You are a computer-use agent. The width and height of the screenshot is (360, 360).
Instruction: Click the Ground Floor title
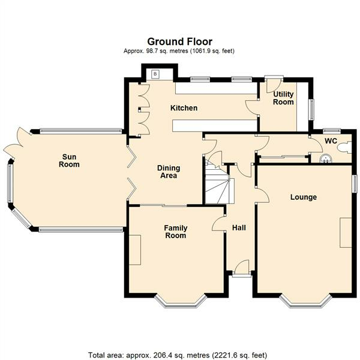(180, 42)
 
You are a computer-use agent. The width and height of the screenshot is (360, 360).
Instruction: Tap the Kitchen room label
(184, 108)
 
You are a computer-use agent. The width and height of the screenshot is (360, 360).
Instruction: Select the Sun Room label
(69, 160)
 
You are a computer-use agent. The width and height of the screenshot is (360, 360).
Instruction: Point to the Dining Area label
(169, 172)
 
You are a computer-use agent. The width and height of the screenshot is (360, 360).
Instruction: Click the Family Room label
(176, 232)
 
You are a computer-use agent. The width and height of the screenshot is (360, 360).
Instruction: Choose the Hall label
(239, 228)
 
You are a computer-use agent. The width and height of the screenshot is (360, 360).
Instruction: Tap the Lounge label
(304, 197)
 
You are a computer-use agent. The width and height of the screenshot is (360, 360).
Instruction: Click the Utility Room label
(283, 98)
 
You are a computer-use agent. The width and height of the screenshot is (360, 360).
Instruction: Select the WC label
(331, 141)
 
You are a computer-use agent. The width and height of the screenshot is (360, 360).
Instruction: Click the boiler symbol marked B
(155, 74)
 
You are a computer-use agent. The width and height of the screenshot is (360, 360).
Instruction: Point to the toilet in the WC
(344, 148)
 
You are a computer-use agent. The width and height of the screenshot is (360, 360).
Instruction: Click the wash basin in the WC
(326, 159)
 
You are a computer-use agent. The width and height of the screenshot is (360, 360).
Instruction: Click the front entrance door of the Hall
(242, 268)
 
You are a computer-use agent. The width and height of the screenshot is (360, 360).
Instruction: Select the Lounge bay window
(305, 301)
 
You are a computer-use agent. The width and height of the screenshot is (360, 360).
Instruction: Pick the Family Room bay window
(180, 301)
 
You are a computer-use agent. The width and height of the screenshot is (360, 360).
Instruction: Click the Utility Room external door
(272, 85)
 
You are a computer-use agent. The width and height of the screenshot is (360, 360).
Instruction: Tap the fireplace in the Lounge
(346, 232)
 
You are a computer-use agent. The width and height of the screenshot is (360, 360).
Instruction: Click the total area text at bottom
(178, 355)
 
